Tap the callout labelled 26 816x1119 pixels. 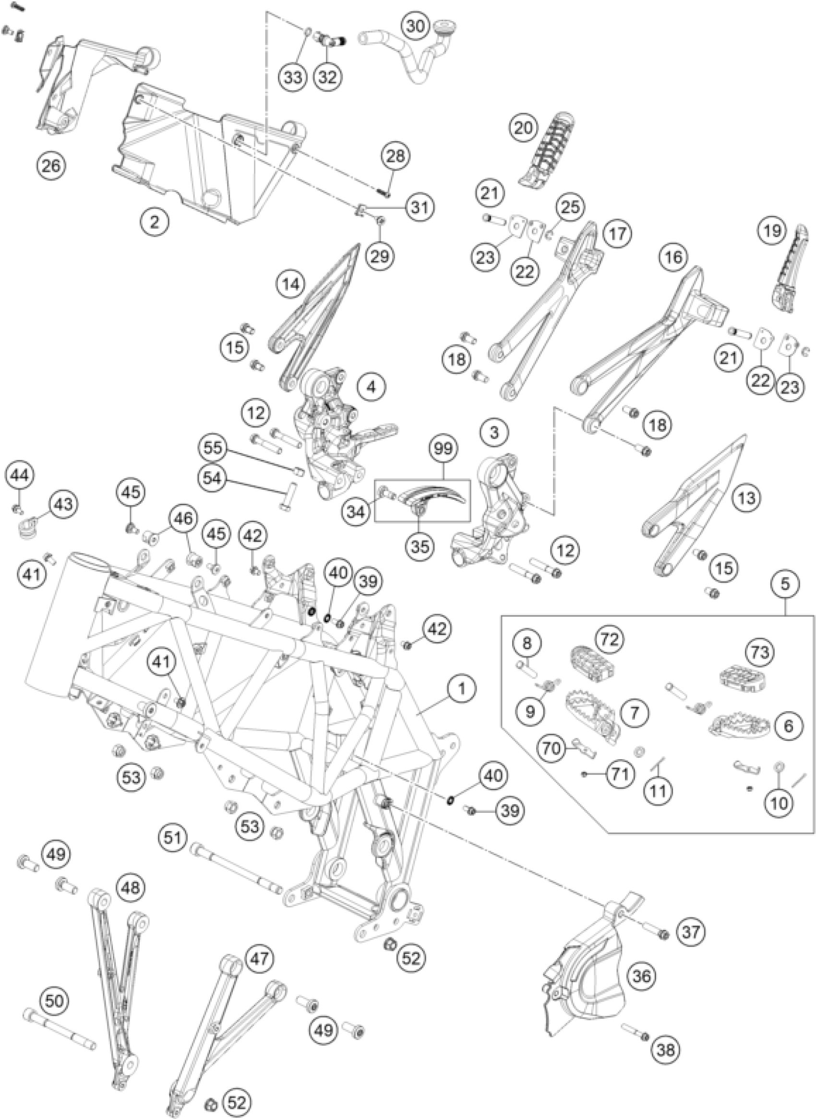[x=51, y=165]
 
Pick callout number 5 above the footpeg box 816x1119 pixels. [x=785, y=584]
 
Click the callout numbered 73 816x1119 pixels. [x=761, y=653]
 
